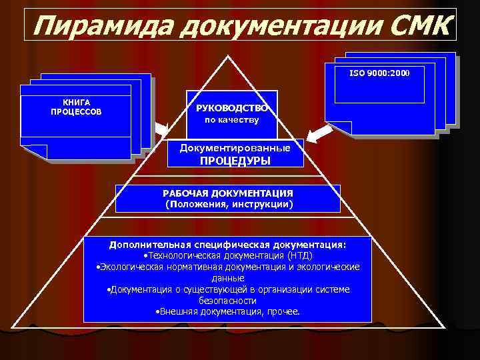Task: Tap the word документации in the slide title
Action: point(273,27)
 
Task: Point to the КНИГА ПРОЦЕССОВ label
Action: point(76,107)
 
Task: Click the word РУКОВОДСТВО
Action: point(232,108)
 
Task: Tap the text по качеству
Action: point(232,121)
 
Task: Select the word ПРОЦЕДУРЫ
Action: point(235,161)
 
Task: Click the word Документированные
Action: point(235,147)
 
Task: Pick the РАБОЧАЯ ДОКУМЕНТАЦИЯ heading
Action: point(228,193)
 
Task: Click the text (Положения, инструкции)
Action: point(228,204)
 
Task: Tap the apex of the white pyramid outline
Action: point(229,55)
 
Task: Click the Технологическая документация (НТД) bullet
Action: point(228,255)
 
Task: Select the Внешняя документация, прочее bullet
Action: point(227,311)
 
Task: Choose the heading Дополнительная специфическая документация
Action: point(228,245)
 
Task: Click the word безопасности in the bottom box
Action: point(228,301)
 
